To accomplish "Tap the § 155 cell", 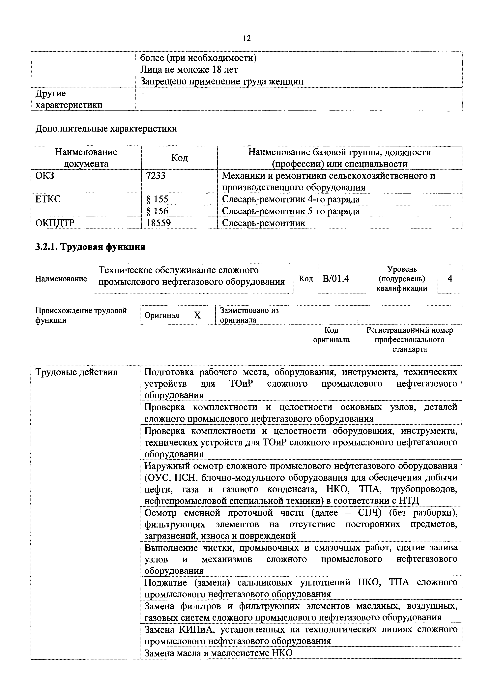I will (x=157, y=199).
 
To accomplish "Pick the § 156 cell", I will (x=157, y=211).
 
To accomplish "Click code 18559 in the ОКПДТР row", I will (x=159, y=223).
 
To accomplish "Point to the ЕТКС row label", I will (x=48, y=199).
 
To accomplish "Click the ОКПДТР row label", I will (x=55, y=223).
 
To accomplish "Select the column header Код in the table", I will (x=179, y=158).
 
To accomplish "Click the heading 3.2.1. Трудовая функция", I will (x=90, y=247).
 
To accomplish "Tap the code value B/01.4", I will (x=336, y=278).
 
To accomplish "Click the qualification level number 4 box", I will (x=450, y=278).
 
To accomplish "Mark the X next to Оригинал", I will (x=197, y=315).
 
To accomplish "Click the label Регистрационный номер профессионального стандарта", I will (x=410, y=339).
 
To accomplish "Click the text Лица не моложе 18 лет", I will (x=189, y=70).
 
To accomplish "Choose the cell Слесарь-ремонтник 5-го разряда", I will (x=291, y=211).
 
